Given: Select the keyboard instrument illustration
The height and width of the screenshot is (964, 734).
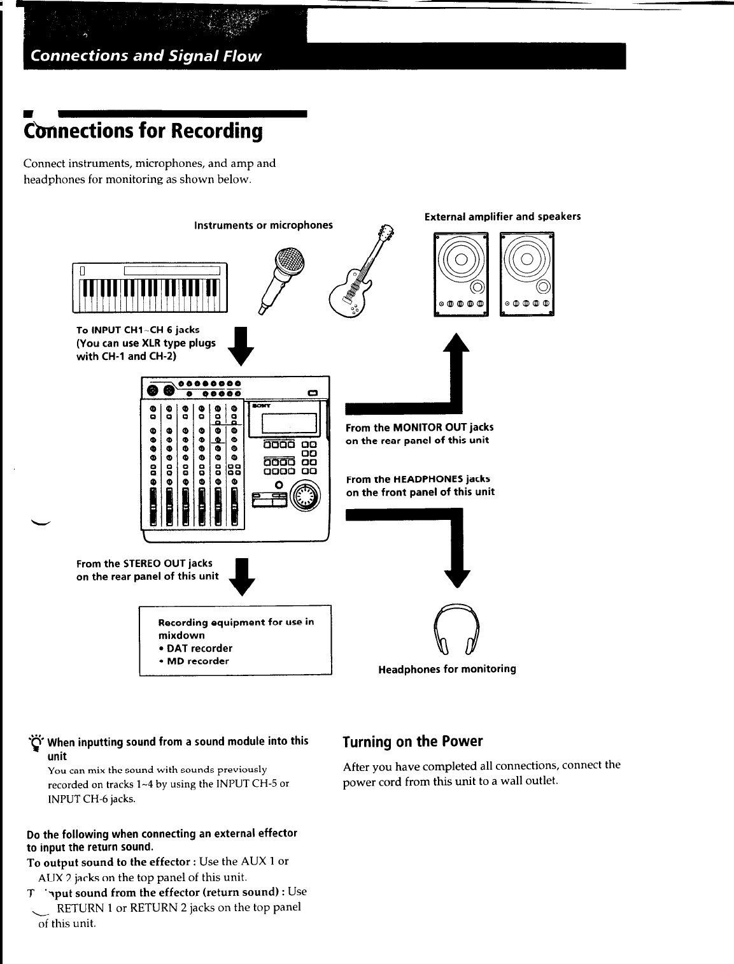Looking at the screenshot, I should tap(150, 287).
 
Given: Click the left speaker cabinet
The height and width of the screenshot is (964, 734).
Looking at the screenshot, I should tap(461, 274).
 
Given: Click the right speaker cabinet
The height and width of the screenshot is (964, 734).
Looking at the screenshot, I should tap(527, 274).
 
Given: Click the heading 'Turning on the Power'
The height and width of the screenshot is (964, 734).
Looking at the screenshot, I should tap(413, 742).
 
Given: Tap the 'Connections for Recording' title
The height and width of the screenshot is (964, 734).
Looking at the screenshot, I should tap(143, 131).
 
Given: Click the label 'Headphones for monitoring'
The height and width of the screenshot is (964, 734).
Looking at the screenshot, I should tap(447, 669).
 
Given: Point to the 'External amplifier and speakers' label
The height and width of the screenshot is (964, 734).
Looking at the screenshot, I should tap(502, 217).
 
